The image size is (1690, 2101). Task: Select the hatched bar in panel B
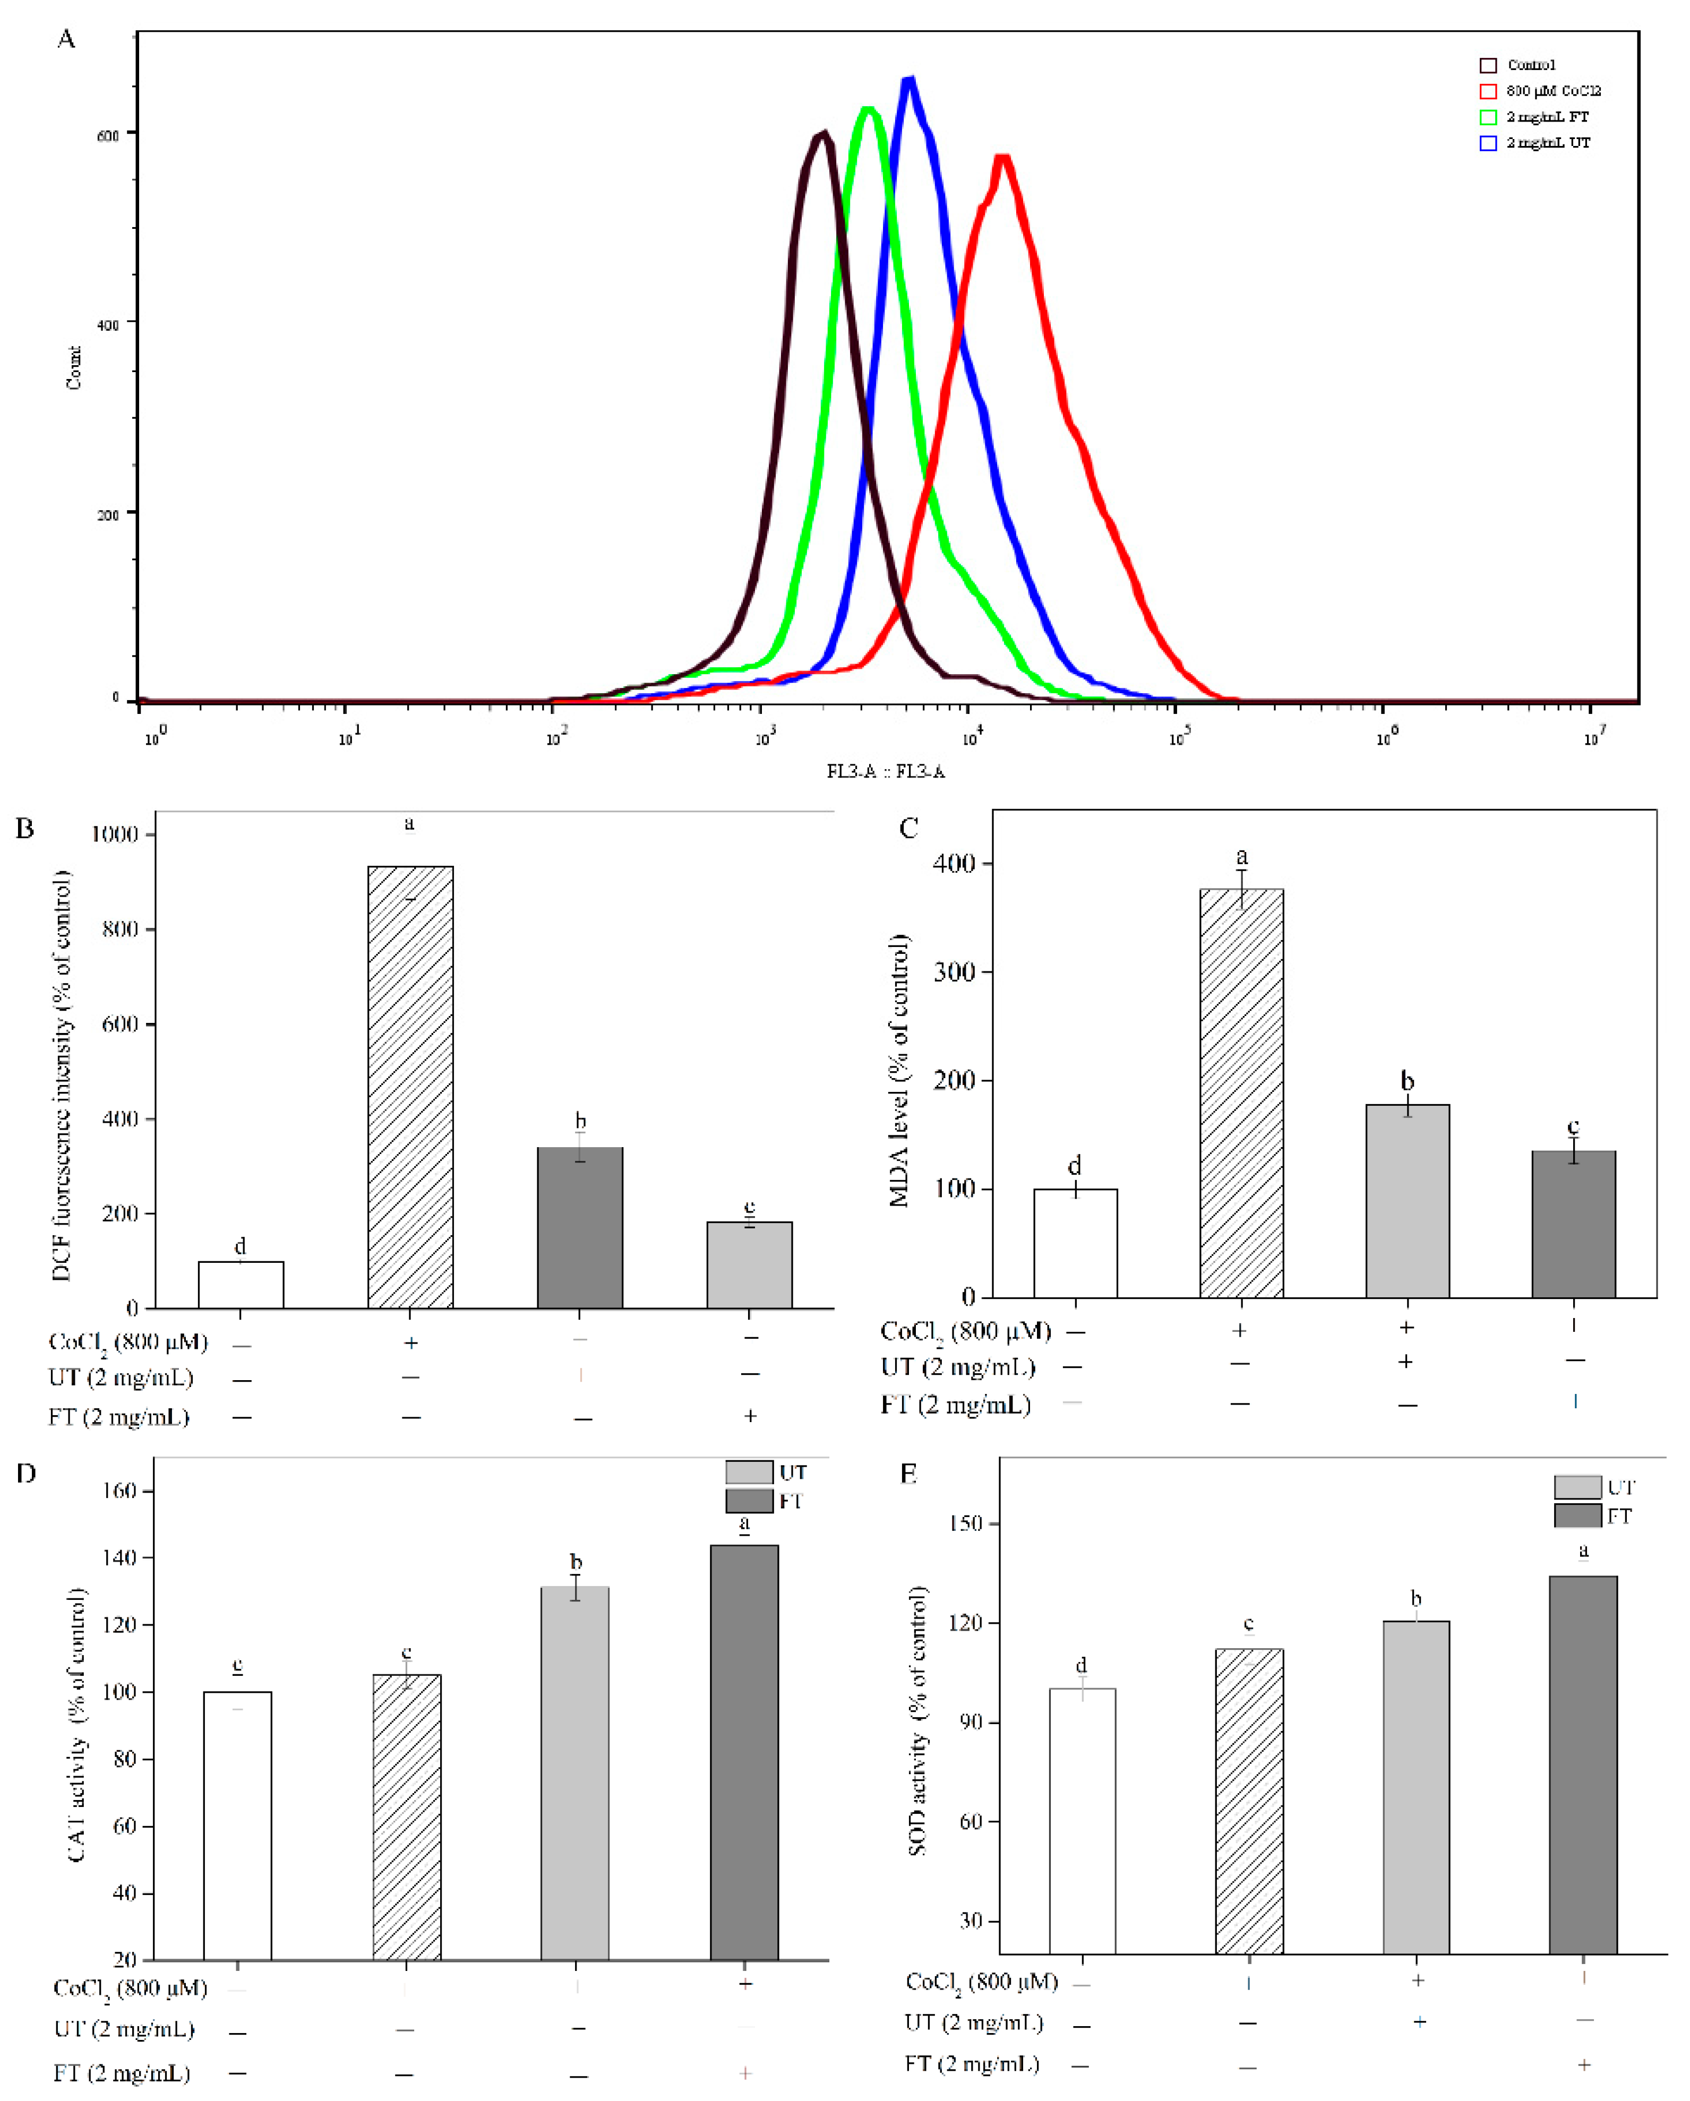point(410,1087)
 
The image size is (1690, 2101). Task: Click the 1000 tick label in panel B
point(114,834)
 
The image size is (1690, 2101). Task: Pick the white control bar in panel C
point(1075,1243)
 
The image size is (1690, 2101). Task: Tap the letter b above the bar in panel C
point(1406,1081)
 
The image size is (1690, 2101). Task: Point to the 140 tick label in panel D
point(119,1557)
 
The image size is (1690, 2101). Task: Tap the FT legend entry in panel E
point(1592,1516)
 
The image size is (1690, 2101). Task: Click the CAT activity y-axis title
point(78,1725)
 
